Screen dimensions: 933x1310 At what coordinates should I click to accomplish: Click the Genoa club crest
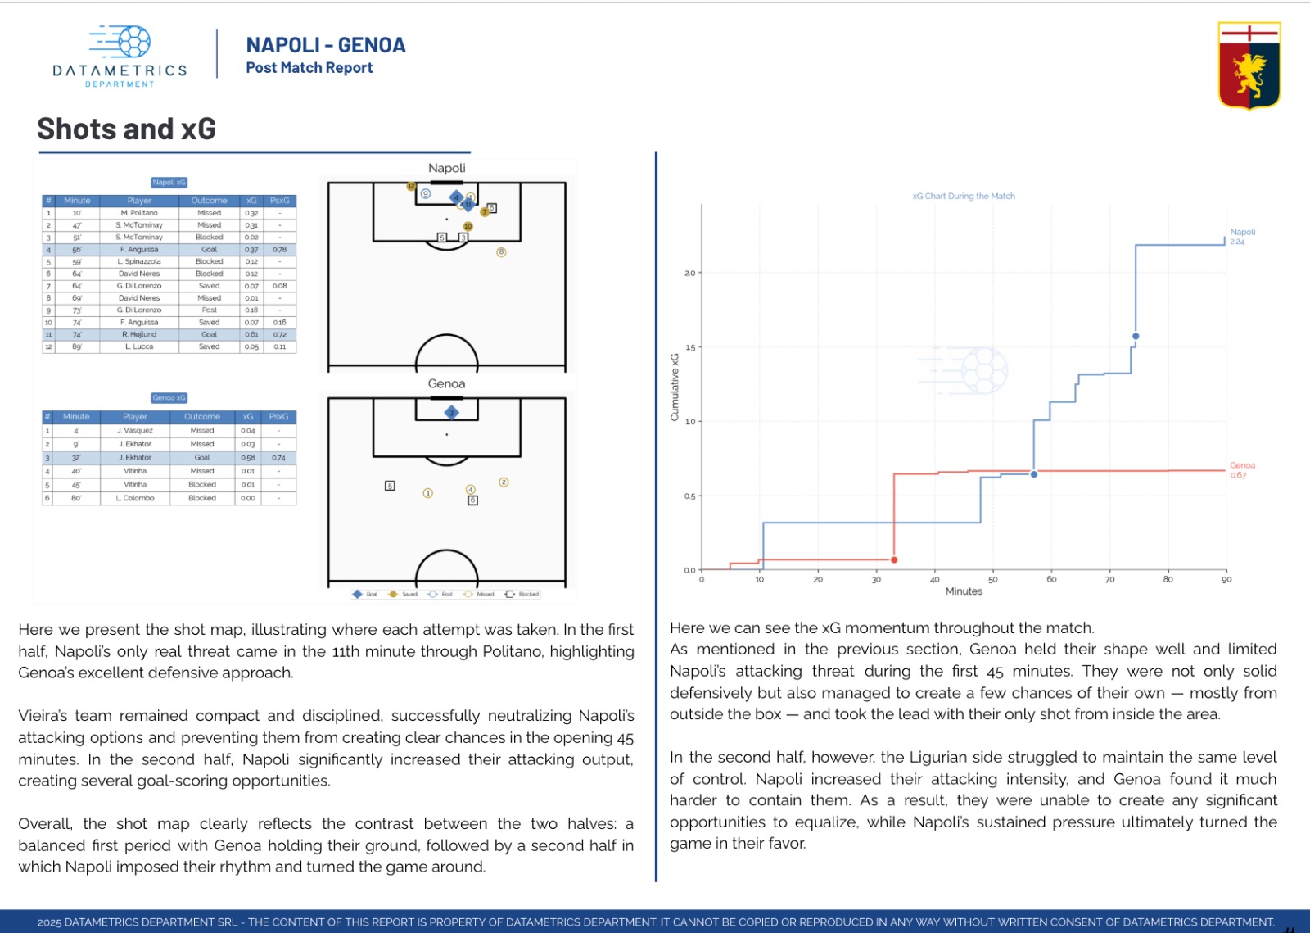pyautogui.click(x=1249, y=66)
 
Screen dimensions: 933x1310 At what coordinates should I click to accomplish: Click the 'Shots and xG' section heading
pyautogui.click(x=127, y=129)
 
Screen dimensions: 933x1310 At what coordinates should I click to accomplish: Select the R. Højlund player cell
pyautogui.click(x=139, y=334)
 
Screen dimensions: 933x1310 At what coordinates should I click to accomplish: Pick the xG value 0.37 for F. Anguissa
pyautogui.click(x=251, y=249)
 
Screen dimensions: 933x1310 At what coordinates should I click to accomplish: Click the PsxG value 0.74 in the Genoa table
pyautogui.click(x=278, y=458)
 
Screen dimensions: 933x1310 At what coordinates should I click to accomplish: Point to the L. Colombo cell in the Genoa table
pyautogui.click(x=135, y=498)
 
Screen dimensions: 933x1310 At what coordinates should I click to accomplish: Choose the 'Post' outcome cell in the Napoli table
pyautogui.click(x=210, y=310)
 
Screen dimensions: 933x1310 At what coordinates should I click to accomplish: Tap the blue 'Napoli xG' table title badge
pyautogui.click(x=169, y=183)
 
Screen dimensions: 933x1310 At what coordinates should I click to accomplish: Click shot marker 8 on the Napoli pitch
pyautogui.click(x=501, y=252)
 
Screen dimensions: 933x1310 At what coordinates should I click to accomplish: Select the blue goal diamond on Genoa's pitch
pyautogui.click(x=451, y=412)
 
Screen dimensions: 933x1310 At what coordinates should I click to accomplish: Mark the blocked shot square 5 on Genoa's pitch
pyautogui.click(x=390, y=486)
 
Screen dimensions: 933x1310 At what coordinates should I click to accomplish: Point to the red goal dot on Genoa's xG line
pyautogui.click(x=894, y=559)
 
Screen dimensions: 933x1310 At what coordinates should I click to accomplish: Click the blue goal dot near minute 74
pyautogui.click(x=1136, y=336)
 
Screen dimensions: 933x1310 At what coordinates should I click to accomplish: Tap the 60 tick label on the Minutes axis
pyautogui.click(x=1051, y=579)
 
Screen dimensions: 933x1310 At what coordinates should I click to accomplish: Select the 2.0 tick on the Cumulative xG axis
pyautogui.click(x=689, y=273)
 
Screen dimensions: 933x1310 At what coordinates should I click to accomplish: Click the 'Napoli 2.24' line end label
pyautogui.click(x=1242, y=237)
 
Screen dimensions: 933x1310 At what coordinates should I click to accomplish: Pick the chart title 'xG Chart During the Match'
pyautogui.click(x=964, y=196)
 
